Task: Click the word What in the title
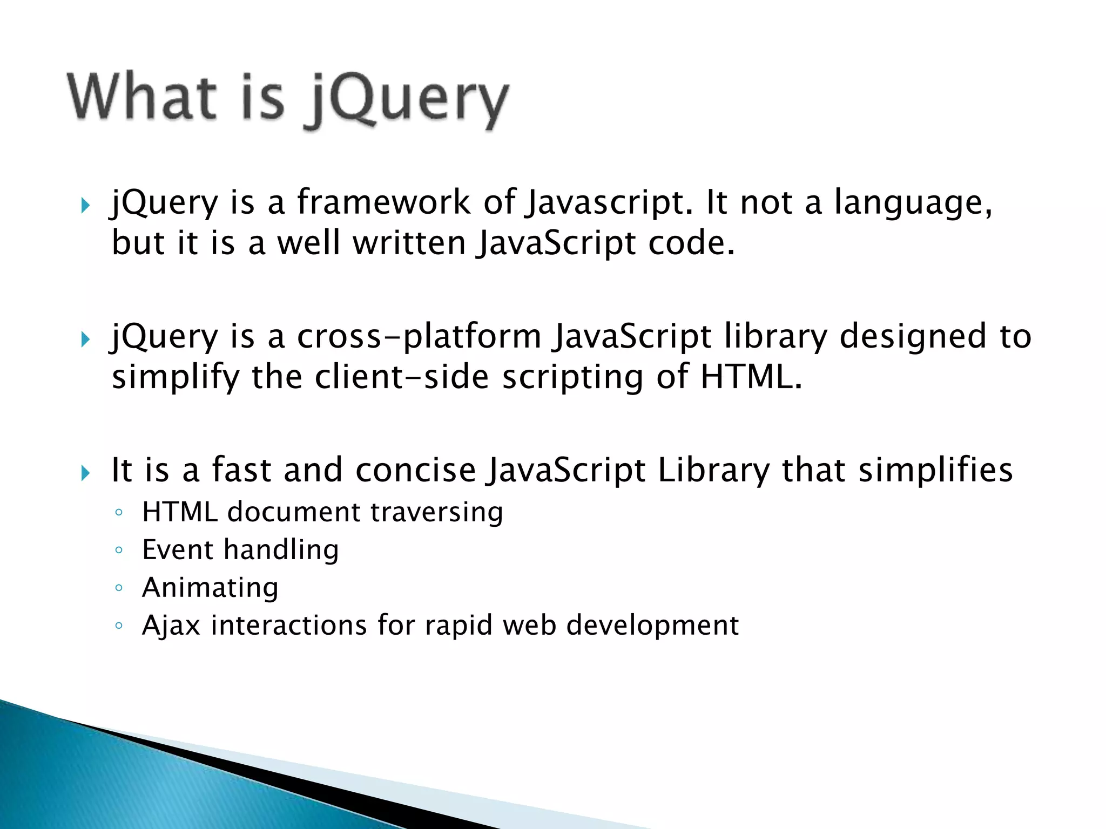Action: point(141,97)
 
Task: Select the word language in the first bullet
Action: point(913,203)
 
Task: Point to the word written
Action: point(409,242)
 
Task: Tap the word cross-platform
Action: point(419,337)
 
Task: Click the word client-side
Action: point(402,376)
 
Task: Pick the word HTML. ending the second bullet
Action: point(751,376)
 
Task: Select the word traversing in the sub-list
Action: point(436,512)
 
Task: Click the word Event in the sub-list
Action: point(178,549)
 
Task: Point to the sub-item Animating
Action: point(210,587)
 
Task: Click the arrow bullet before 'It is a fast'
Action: point(85,473)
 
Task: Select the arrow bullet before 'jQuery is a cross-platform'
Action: point(85,339)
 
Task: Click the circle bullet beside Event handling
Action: point(119,551)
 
